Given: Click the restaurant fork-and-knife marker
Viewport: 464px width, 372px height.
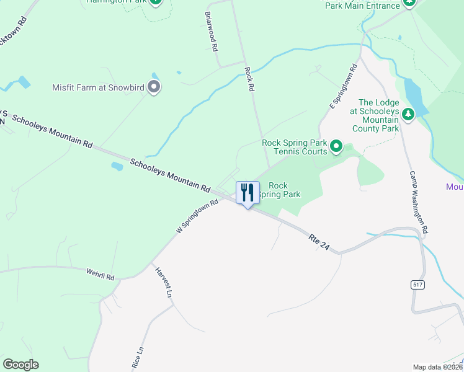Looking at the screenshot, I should [x=248, y=193].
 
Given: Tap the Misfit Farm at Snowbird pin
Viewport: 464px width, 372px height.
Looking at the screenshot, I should [x=154, y=87].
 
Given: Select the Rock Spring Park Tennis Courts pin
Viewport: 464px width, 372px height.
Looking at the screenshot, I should [x=336, y=147].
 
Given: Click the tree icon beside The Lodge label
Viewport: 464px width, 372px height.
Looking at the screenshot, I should [x=408, y=113].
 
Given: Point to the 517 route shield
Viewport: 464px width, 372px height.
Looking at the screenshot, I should [x=417, y=284].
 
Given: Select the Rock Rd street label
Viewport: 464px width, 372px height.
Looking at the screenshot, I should [x=249, y=79].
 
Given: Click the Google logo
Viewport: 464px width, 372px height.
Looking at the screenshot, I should [x=20, y=365].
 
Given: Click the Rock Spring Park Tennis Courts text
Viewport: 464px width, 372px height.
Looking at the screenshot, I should [x=295, y=147].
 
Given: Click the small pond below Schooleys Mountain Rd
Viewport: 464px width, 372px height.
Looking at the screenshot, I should [x=116, y=166].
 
